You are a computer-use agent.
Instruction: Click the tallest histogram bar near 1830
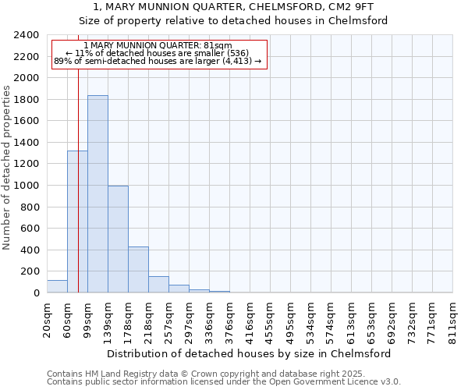[97, 194]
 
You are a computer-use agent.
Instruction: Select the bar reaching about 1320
[77, 222]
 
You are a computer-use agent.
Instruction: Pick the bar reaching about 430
[138, 270]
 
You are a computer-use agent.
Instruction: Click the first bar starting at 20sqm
[57, 286]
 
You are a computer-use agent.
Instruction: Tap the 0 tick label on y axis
[36, 293]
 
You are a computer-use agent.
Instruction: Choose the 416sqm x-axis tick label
[250, 317]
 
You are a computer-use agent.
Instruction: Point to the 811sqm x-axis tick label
[452, 317]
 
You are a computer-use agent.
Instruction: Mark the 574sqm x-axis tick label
[331, 317]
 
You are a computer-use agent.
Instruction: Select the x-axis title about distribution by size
[249, 353]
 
